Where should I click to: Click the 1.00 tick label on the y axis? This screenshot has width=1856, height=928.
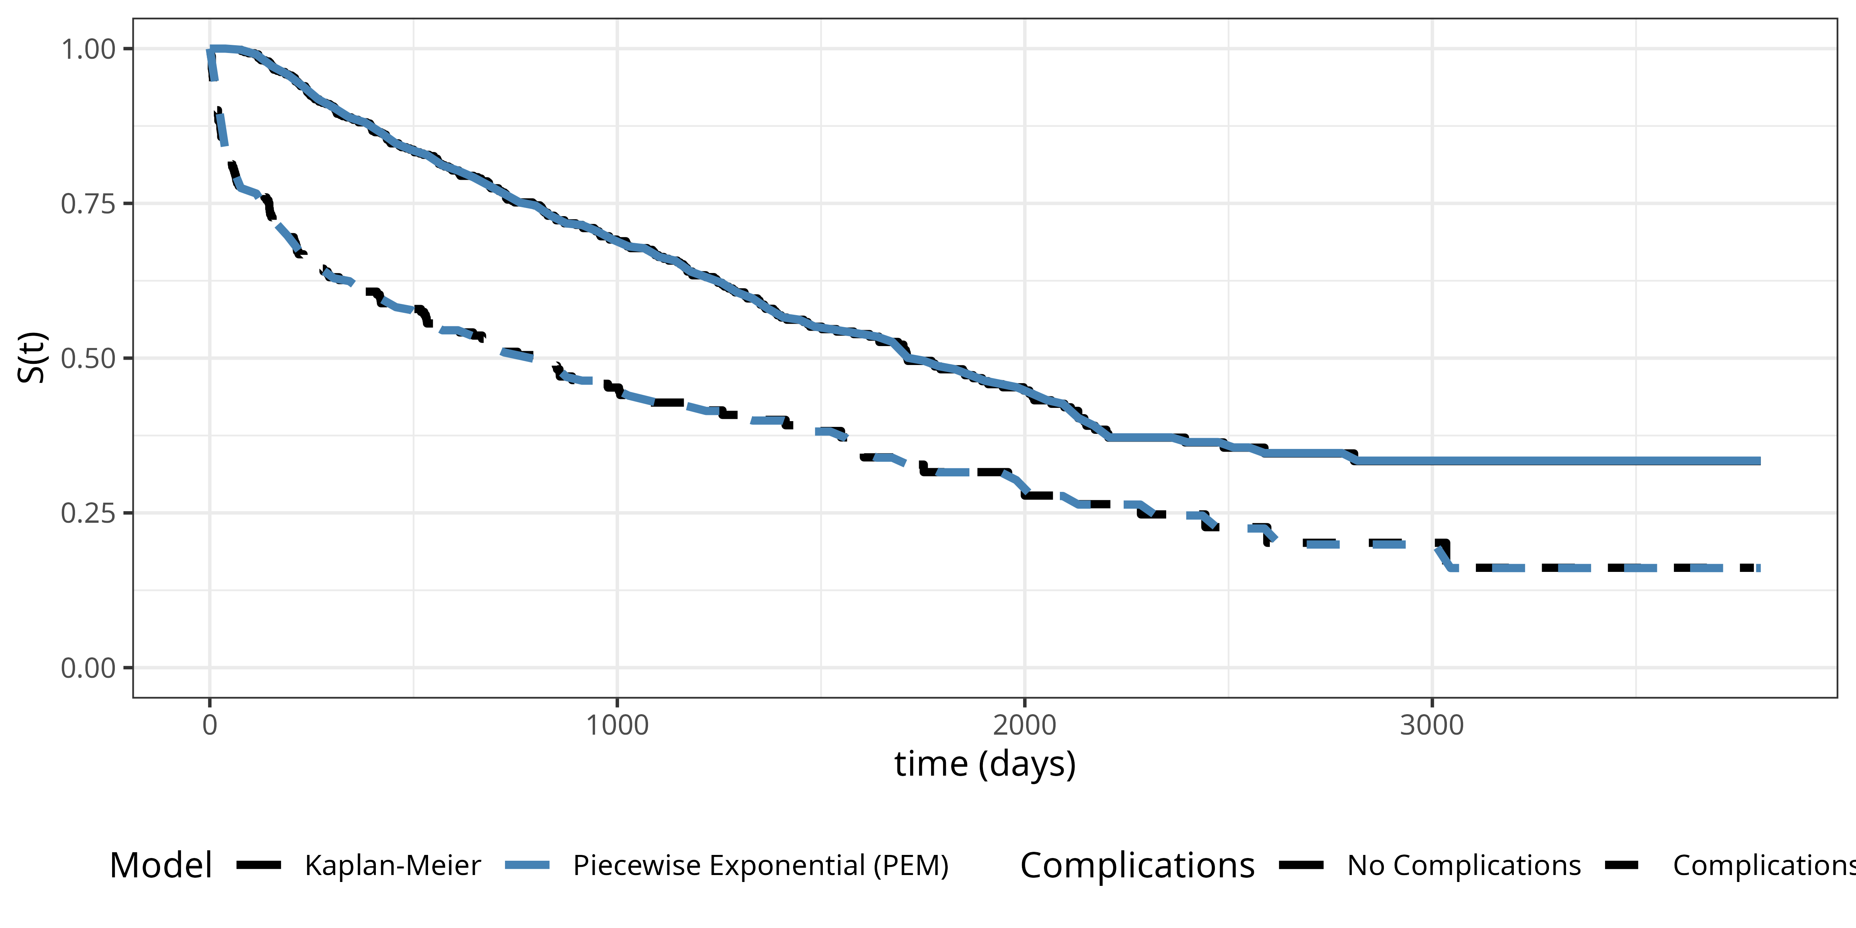(88, 50)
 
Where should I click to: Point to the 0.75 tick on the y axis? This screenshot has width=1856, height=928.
(88, 204)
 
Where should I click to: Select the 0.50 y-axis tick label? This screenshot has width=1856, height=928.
(88, 359)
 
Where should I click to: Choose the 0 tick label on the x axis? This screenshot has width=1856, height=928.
(210, 725)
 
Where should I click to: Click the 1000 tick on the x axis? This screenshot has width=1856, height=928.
(617, 725)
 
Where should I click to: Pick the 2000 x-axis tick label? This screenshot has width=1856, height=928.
(1024, 725)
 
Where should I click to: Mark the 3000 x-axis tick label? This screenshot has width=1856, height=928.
(1431, 725)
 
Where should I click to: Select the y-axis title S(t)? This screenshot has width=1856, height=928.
(32, 358)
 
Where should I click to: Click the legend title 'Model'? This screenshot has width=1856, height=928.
(161, 865)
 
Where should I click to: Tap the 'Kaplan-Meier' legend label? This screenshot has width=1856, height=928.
(393, 865)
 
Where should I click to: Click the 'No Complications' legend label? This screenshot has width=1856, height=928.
(1464, 865)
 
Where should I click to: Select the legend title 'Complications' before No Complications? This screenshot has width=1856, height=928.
(1137, 865)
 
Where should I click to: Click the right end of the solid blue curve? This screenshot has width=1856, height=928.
(1759, 461)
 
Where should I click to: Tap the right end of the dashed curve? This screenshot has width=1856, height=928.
(1759, 568)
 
